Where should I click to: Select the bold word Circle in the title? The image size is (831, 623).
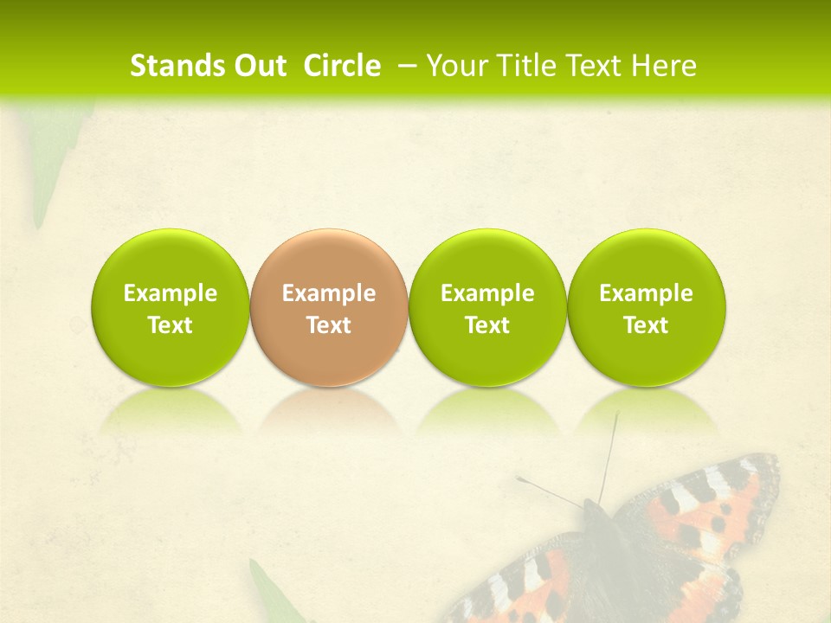click(x=342, y=66)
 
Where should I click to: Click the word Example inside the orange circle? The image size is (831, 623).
click(x=329, y=293)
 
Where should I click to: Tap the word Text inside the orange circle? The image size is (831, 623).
click(x=329, y=325)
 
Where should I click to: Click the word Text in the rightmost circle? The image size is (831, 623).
click(x=646, y=325)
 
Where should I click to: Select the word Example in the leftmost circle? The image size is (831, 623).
click(x=170, y=293)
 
